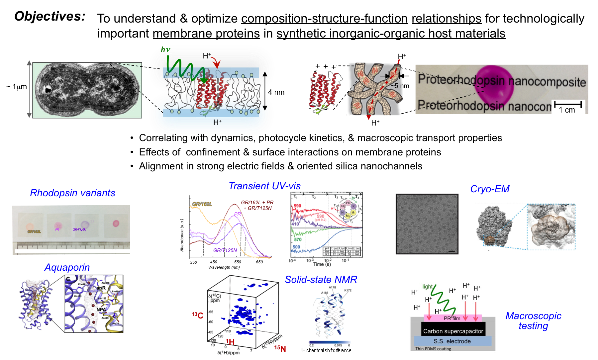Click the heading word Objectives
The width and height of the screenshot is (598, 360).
tap(50, 16)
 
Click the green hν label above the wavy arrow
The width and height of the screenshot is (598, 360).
tap(165, 50)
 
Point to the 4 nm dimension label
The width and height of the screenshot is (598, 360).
tap(276, 92)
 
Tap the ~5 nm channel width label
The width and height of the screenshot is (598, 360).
tap(400, 86)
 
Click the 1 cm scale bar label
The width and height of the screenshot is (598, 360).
tap(567, 110)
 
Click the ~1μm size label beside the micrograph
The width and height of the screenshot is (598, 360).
tap(17, 87)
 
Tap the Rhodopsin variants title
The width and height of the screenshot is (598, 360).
tap(72, 193)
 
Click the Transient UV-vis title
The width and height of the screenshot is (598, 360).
tap(264, 186)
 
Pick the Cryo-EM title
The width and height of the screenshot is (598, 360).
tap(490, 189)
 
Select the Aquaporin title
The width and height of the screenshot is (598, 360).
tap(67, 267)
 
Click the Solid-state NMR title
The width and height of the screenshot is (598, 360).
tap(321, 280)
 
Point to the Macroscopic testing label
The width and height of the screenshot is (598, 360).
tap(533, 321)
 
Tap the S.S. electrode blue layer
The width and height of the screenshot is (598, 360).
tap(452, 341)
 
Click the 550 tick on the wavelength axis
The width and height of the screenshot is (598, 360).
tap(238, 262)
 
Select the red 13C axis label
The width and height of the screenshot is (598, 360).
tap(197, 315)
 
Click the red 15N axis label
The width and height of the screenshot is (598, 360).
tap(280, 348)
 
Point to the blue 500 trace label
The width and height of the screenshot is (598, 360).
tap(296, 247)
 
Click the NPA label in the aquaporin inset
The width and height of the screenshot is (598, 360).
tap(101, 310)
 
